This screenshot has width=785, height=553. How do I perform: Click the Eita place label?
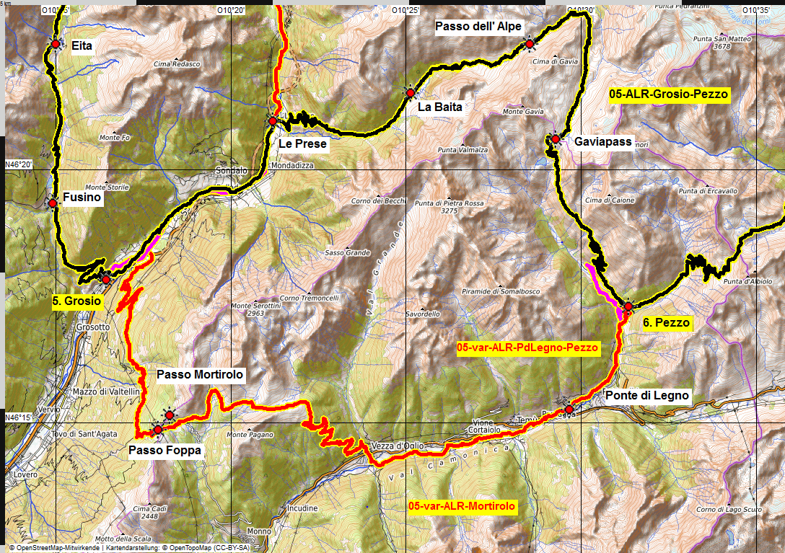pos(82,45)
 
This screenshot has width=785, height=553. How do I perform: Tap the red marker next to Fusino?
pos(53,203)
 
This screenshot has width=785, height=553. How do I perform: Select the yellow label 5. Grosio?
pos(76,302)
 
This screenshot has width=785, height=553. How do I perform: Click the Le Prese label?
pos(302,144)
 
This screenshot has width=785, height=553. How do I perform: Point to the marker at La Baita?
pos(410,93)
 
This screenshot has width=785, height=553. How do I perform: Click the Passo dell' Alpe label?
pos(478,27)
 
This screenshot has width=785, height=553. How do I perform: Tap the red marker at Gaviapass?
pos(556,138)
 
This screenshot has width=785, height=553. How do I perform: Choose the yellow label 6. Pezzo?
pos(667,323)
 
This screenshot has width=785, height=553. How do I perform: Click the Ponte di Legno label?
pos(647,396)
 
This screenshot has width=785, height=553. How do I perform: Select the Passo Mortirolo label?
pos(200,375)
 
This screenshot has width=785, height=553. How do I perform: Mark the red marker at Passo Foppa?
pos(158,430)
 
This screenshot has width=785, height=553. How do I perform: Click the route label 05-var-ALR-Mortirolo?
pos(462,507)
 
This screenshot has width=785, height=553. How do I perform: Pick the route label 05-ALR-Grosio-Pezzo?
pos(668,94)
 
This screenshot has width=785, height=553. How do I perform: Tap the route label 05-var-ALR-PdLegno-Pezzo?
pos(528,348)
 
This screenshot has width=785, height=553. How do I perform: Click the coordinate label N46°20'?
pos(19,164)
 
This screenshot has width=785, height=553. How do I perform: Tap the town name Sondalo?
pos(232,172)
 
